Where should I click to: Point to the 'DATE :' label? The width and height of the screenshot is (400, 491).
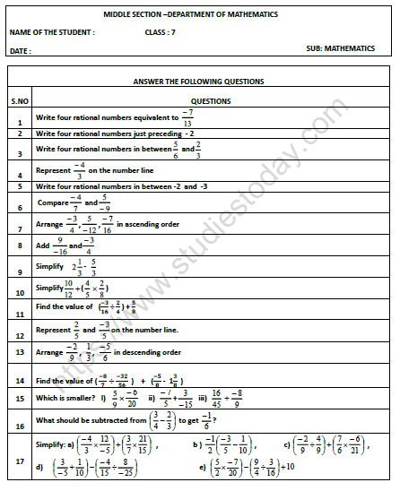[x=20, y=51]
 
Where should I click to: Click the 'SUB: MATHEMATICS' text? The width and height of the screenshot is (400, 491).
[x=341, y=47]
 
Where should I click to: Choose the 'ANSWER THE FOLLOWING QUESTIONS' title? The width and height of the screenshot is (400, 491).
[x=198, y=82]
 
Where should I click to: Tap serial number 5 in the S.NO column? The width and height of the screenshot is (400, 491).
[x=19, y=186]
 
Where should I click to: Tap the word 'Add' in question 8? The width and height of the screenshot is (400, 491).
[x=41, y=244]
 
